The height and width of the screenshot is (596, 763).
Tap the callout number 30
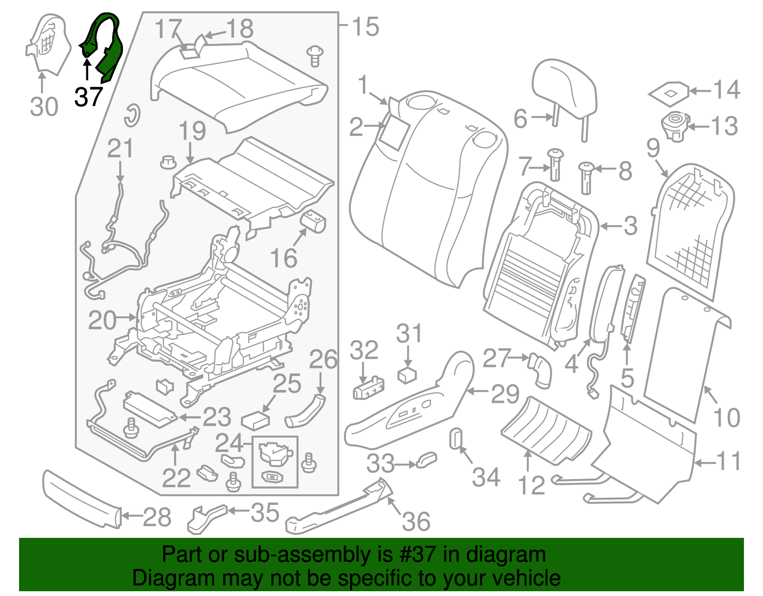pos(44,106)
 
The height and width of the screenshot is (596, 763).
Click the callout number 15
pos(365,27)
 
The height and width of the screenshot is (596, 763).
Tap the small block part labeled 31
pos(407,375)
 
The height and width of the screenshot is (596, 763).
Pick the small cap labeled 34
pos(455,438)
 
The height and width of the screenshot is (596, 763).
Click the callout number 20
pos(102,320)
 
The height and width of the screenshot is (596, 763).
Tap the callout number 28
pos(157,517)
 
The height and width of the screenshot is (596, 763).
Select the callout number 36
pos(416,522)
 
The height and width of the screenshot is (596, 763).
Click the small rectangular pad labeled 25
pos(256,421)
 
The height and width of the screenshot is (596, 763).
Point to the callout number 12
pos(530,485)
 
